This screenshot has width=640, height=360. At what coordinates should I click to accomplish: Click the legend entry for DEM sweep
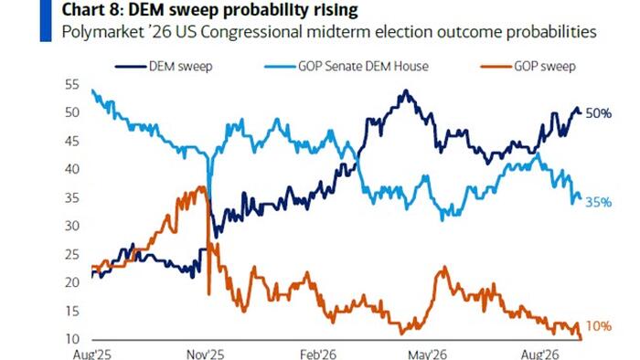(164, 67)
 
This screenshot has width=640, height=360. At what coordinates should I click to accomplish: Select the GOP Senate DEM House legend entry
(347, 67)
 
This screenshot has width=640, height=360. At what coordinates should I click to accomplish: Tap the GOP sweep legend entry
(528, 67)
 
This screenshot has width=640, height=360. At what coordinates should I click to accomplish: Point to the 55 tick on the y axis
(72, 85)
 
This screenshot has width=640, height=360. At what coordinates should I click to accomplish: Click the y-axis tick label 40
(72, 169)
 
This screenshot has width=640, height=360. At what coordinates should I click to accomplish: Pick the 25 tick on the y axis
(72, 255)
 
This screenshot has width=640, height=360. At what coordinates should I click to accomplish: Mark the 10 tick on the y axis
(72, 339)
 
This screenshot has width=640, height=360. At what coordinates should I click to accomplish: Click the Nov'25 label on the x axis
(206, 354)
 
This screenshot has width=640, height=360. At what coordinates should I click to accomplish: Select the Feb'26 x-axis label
(318, 354)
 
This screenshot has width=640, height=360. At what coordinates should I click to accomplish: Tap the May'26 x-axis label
(428, 354)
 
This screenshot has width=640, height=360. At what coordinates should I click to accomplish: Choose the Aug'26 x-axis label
(540, 354)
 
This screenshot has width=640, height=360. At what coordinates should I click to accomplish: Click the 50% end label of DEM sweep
(599, 113)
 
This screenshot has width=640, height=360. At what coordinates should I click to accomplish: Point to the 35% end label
(599, 202)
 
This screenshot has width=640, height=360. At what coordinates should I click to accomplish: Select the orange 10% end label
(599, 326)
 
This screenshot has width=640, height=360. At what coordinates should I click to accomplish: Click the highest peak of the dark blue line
(405, 90)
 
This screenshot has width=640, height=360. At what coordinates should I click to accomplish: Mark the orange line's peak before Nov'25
(201, 186)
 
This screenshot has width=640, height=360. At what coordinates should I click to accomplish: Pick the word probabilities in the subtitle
(551, 32)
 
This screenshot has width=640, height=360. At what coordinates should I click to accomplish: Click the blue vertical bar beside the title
(46, 20)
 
